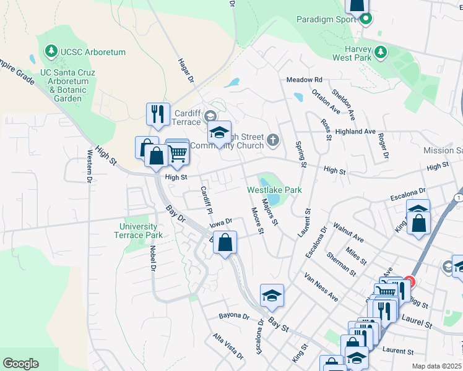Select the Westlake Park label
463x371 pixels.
pyautogui.click(x=274, y=190)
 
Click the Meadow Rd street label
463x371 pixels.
pyautogui.click(x=304, y=80)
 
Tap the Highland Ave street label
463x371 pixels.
pyautogui.click(x=355, y=132)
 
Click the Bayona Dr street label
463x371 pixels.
pyautogui.click(x=233, y=316)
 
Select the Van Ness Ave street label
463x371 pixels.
pyautogui.click(x=321, y=287)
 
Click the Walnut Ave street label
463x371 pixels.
pyautogui.click(x=348, y=232)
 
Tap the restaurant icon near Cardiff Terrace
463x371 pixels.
pyautogui.click(x=157, y=114)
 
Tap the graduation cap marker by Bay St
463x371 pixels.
pyautogui.click(x=272, y=296)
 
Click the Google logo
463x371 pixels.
pyautogui.click(x=20, y=364)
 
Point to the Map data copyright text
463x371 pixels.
pyautogui.click(x=437, y=366)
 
